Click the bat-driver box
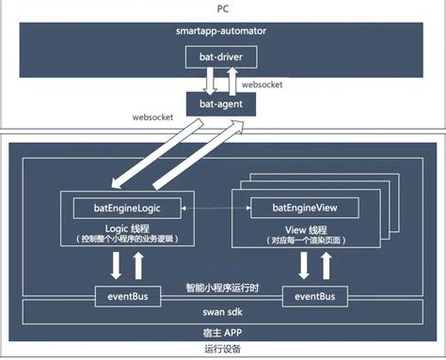[223, 58]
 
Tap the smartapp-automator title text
[223, 31]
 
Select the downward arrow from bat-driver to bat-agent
[210, 80]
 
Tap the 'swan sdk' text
[223, 309]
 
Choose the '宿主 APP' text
[223, 332]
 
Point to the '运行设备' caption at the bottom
[223, 351]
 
